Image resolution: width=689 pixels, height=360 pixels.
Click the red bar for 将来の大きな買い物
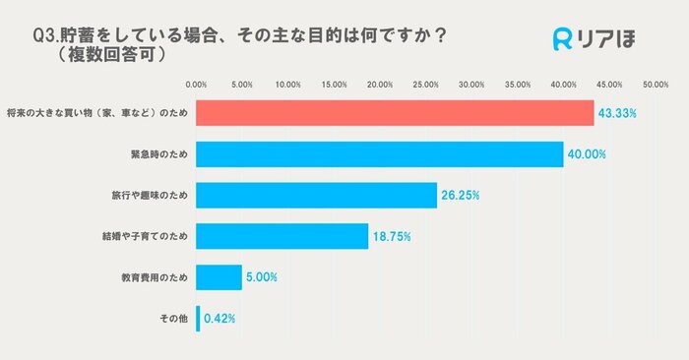(x=395, y=113)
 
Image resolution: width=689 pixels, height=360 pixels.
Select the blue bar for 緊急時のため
(x=380, y=154)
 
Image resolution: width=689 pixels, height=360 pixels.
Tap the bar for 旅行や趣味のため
(x=316, y=195)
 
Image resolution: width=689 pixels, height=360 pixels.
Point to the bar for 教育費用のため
(x=219, y=277)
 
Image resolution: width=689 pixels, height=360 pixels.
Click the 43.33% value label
(x=617, y=114)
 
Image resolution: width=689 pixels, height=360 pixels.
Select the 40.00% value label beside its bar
(x=587, y=155)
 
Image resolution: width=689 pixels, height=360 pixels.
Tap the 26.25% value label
(x=460, y=196)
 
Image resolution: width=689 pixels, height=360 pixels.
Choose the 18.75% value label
(x=391, y=237)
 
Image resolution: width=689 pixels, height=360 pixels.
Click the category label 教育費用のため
(x=155, y=277)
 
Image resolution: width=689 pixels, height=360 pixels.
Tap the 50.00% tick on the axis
(x=655, y=85)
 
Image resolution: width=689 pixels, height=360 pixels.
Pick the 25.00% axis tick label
(x=425, y=85)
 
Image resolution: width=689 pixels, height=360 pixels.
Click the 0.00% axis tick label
(x=197, y=85)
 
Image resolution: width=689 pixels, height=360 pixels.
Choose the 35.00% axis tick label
(x=518, y=85)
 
